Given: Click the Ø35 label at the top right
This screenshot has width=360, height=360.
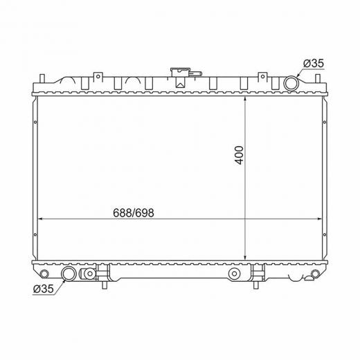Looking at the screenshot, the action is (314, 63).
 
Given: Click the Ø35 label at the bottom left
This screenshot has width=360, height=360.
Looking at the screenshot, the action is (44, 289).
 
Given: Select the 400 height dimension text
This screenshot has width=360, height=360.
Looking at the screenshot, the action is (240, 155).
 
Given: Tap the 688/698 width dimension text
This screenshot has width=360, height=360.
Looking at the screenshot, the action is (134, 213).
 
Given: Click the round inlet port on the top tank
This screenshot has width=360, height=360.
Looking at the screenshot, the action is (291, 83).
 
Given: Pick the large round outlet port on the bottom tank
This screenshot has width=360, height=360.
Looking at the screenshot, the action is (68, 273).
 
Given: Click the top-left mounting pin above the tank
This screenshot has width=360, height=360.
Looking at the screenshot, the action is (42, 78).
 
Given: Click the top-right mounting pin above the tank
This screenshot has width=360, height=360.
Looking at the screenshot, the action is (318, 78).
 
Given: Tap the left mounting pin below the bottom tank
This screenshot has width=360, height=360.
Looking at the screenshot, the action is (105, 285).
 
